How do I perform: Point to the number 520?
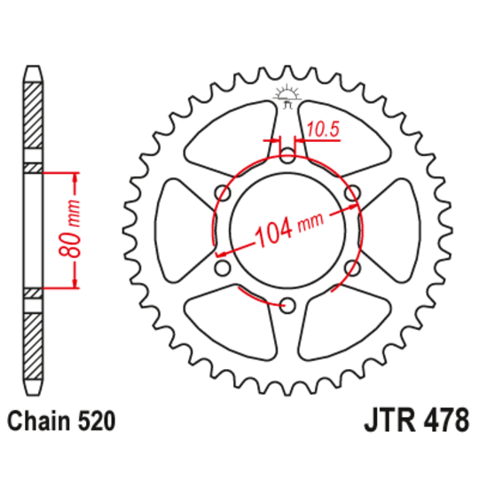click(94, 420)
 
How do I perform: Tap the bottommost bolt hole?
click(287, 306)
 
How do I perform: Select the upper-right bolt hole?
click(351, 193)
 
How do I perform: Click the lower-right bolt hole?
click(351, 268)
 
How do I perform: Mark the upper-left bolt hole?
click(222, 193)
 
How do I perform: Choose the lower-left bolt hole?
click(222, 269)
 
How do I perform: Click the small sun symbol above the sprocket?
click(287, 93)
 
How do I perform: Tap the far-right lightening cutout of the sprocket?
click(390, 231)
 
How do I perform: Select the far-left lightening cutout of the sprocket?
click(182, 231)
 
